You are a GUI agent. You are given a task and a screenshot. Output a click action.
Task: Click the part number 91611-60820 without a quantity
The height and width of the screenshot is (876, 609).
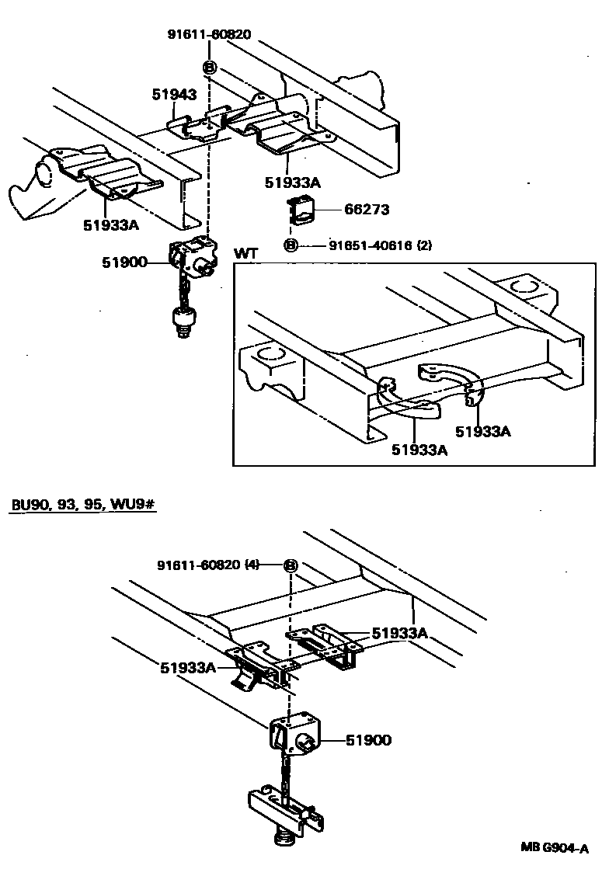209,34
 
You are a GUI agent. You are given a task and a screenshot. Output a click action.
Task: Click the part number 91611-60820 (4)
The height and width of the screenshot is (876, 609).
207,565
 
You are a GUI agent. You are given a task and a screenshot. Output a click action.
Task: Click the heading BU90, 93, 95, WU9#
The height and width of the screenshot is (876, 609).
84,505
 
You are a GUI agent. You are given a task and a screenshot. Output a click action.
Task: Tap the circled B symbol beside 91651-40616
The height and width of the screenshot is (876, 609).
291,246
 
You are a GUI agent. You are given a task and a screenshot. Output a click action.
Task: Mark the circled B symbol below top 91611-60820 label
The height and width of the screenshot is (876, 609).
210,68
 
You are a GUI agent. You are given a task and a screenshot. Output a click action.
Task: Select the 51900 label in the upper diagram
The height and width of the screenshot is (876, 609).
124,262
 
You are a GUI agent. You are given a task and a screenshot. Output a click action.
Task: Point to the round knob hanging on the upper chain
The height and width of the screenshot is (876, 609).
183,320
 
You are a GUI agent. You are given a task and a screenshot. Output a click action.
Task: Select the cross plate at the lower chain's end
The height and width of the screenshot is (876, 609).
284,810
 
